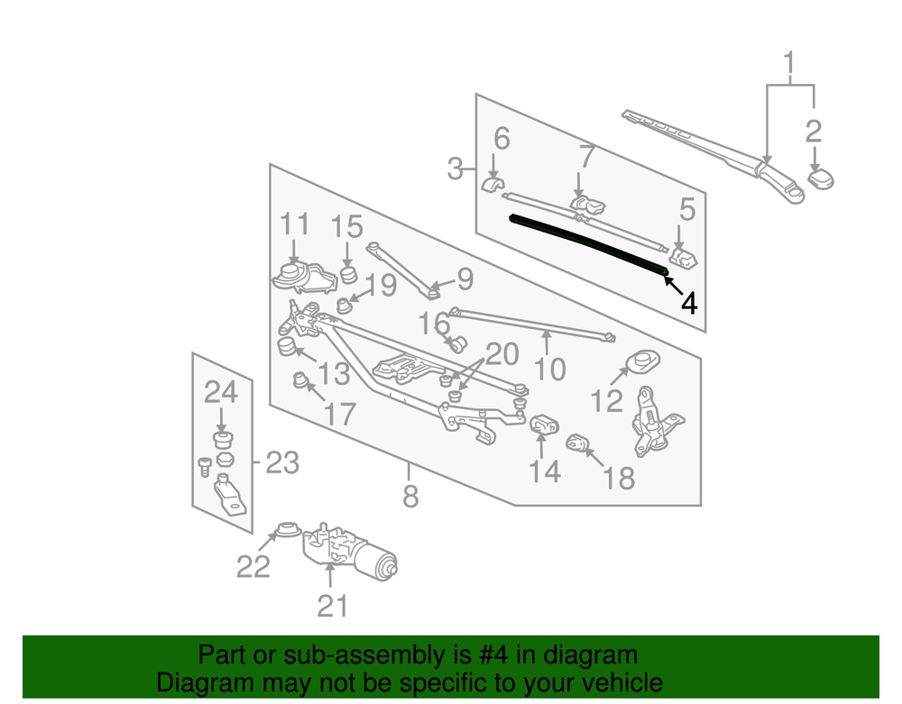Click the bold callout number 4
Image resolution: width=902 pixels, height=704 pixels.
[x=688, y=303]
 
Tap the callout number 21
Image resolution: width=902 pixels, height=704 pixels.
[x=333, y=606]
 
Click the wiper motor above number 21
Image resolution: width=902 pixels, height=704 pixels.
[x=350, y=551]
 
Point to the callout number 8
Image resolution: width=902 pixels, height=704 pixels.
[x=410, y=496]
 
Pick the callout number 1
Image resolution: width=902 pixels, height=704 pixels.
[x=789, y=63]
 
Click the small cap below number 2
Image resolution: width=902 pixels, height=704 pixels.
[x=821, y=178]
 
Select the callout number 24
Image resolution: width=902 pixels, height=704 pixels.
[x=221, y=392]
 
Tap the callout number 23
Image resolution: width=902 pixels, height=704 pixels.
[x=282, y=462]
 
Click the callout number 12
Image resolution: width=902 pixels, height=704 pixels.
[x=607, y=400]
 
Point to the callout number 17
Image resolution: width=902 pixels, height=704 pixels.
[x=340, y=414]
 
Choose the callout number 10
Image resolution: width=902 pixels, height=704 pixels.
[x=550, y=369]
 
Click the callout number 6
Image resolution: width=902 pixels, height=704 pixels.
[x=502, y=139]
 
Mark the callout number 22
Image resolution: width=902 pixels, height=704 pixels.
[x=253, y=567]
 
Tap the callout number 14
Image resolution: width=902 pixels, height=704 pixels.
[x=545, y=471]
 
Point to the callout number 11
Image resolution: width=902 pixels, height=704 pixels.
[x=295, y=224]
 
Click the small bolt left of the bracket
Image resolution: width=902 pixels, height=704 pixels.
[x=205, y=467]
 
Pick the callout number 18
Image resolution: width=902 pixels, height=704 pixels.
[x=619, y=478]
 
